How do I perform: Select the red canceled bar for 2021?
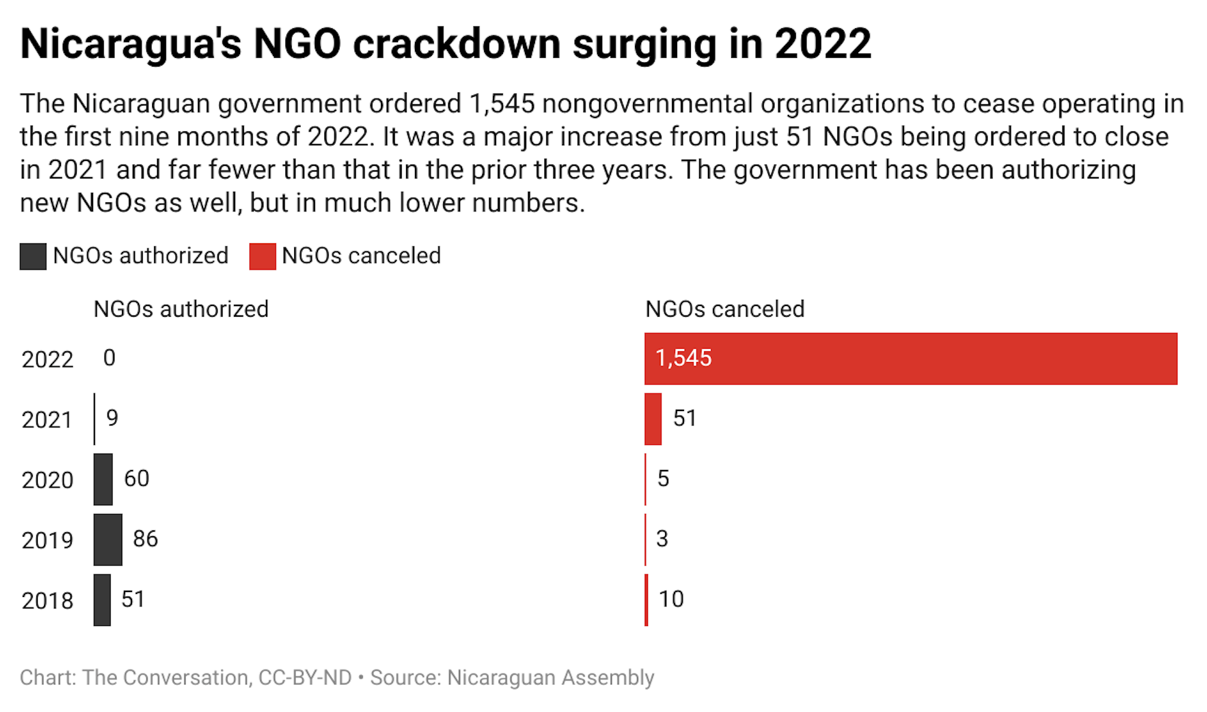tap(653, 419)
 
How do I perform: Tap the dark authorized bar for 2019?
tap(107, 539)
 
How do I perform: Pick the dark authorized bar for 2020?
tap(103, 479)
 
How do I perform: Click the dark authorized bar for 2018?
tap(102, 600)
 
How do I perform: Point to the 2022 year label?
tap(47, 359)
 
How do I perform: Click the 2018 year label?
tap(47, 601)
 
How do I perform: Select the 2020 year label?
tap(47, 480)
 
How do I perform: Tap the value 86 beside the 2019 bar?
tap(145, 539)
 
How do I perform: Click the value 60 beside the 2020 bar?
tap(136, 478)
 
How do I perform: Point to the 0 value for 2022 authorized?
tap(109, 358)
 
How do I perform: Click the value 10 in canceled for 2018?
tap(671, 599)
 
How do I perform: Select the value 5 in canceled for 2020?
tap(663, 478)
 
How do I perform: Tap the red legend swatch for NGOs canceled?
tap(262, 256)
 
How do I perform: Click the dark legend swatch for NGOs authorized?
tap(33, 256)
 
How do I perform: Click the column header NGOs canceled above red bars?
tap(724, 309)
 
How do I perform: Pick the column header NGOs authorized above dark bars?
tap(181, 309)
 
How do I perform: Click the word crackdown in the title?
tap(457, 44)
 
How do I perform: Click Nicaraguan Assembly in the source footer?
tap(550, 677)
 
